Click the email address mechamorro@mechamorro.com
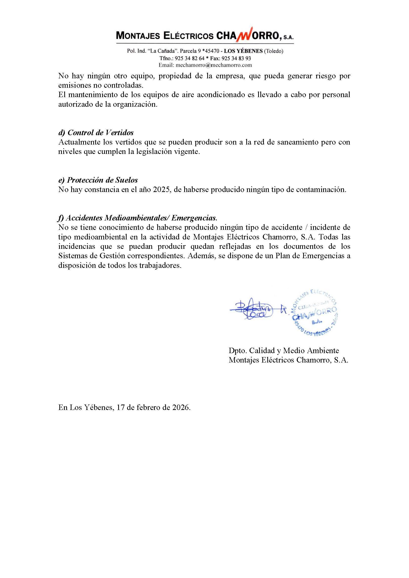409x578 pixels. click(x=214, y=65)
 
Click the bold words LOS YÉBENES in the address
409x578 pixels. click(x=243, y=51)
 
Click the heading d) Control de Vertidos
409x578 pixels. click(x=96, y=132)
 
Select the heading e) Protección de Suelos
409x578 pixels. click(x=98, y=180)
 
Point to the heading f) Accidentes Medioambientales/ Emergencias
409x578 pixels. click(x=137, y=217)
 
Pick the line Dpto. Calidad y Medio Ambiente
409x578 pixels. click(x=284, y=350)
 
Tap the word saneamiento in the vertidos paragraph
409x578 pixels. click(x=288, y=142)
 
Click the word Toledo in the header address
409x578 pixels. click(x=274, y=51)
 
